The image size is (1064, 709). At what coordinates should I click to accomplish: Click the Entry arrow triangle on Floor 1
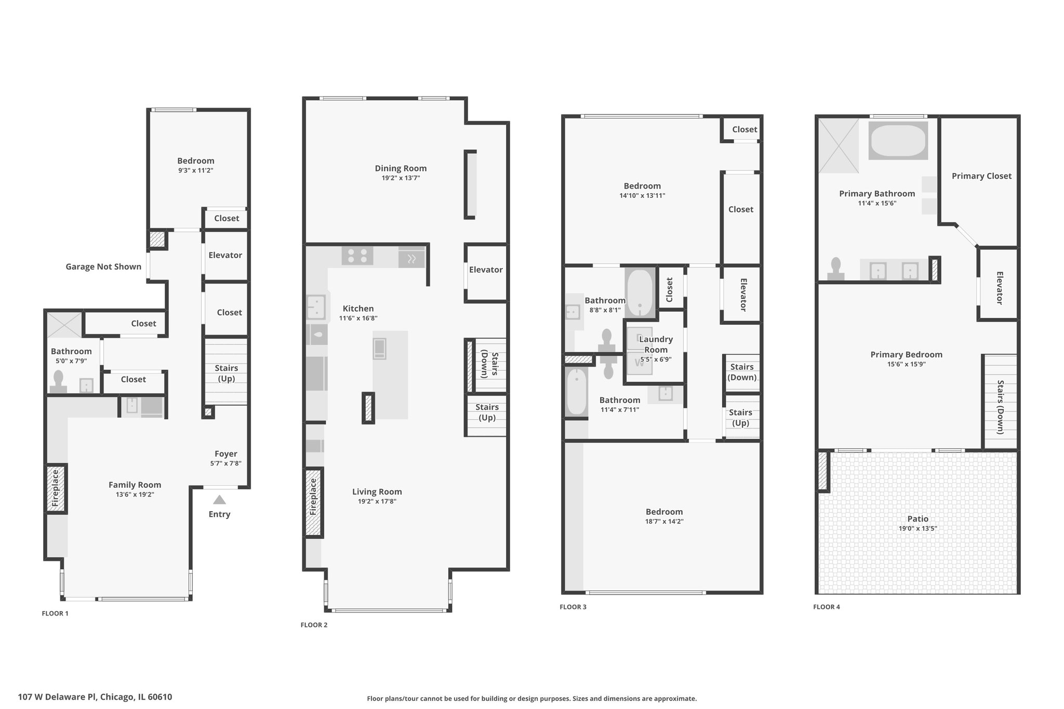219,500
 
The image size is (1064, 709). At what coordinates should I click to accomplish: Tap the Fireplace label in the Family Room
56,488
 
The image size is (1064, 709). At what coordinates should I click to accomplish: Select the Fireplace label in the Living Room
313,497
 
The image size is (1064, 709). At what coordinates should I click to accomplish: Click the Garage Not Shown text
103,266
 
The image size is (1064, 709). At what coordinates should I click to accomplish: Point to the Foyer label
226,453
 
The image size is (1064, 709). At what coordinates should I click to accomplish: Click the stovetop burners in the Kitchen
357,256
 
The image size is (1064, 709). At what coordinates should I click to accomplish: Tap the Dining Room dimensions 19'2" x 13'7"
401,178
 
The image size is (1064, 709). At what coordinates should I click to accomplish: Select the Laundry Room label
656,344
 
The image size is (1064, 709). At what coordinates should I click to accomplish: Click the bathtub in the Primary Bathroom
898,140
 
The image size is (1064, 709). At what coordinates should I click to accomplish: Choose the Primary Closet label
981,176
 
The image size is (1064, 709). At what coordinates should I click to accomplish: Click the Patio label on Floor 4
918,518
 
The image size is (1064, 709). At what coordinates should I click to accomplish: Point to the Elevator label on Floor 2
486,270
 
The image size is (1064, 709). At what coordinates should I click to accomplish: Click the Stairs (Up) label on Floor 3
740,418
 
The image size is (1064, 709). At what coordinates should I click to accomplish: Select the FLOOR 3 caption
573,607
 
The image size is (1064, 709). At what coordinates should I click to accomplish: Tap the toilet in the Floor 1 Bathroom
58,381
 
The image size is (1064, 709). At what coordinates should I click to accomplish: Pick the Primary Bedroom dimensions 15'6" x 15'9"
907,365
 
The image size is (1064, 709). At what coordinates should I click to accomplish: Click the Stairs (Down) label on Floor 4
1000,407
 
